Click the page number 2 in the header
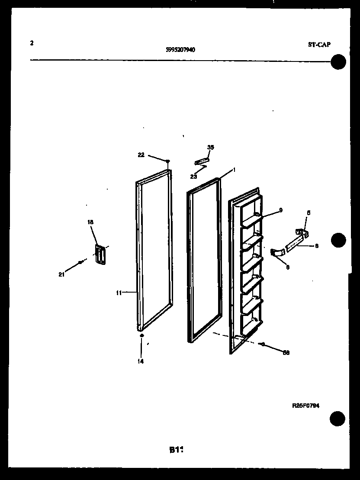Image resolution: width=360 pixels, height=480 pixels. [x=32, y=43]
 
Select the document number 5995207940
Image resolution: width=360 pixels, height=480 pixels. [x=180, y=50]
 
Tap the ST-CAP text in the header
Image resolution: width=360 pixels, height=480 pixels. [x=319, y=45]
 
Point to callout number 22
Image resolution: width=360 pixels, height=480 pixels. [x=141, y=155]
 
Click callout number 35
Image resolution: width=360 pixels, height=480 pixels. [x=210, y=148]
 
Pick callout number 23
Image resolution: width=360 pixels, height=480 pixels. [x=193, y=177]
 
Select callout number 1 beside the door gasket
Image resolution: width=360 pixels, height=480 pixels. [x=234, y=170]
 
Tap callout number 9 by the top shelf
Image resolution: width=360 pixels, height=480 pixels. [x=281, y=210]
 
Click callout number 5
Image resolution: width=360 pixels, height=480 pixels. [x=309, y=213]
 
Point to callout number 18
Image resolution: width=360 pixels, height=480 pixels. [x=90, y=222]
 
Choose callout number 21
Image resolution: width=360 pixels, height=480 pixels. [x=61, y=274]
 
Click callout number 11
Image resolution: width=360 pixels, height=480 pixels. [x=118, y=293]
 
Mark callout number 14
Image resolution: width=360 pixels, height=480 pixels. [x=141, y=361]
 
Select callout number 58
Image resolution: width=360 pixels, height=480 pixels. [x=286, y=352]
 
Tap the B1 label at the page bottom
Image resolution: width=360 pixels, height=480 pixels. [x=176, y=450]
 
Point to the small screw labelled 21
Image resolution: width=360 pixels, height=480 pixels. [x=80, y=262]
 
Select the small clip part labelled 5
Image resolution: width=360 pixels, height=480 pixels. [x=301, y=233]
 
